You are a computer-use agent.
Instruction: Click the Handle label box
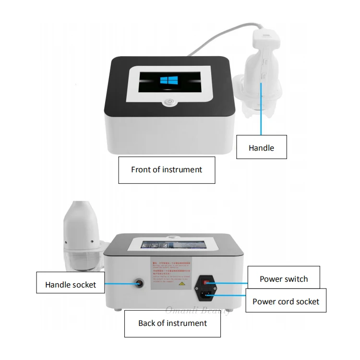pos(261,147)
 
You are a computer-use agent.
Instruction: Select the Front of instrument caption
pos(167,169)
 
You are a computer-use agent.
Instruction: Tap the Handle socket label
pos(71,285)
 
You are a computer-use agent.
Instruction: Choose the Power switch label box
pos(284,279)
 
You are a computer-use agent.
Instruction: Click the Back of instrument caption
pos(172,323)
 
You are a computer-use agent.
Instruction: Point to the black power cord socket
pos(208,294)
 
